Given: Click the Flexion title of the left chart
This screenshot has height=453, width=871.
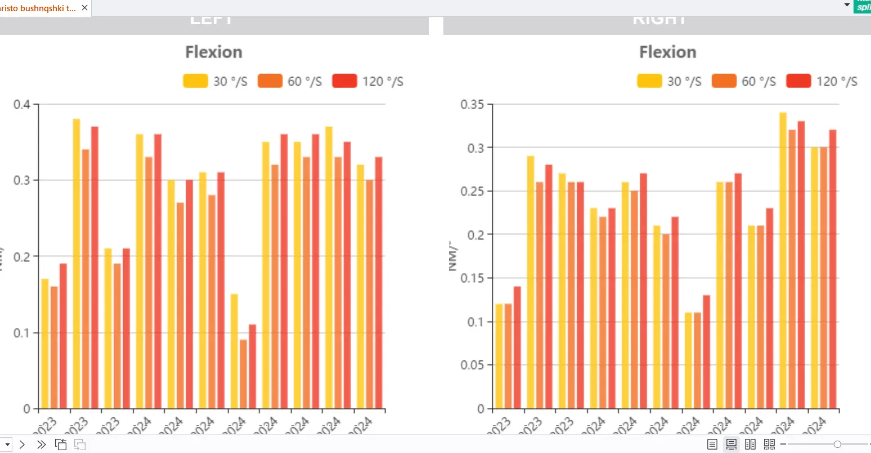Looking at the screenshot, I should pos(214,52).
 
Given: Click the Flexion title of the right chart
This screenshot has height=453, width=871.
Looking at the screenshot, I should pos(667,52).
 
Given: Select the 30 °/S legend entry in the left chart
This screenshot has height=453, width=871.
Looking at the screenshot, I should pos(215,81).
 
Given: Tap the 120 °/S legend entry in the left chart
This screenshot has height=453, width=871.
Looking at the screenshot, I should pos(368,81).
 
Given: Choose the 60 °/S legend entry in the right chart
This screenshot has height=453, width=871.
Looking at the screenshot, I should pos(744,81).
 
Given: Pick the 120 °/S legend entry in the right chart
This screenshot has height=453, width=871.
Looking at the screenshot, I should pos(822,81).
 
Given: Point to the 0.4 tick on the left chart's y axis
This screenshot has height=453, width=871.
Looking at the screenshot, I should pos(23,105).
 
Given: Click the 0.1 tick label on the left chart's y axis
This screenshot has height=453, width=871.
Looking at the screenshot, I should pos(23,333).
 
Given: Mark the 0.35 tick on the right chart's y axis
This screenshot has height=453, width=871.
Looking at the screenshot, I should pos(472,105).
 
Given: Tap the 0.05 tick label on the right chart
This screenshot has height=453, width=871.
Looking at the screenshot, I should pos(472,365).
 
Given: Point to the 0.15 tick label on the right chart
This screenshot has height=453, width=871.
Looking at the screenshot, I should pos(472,278).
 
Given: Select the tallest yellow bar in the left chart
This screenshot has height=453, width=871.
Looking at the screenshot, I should pos(77,264).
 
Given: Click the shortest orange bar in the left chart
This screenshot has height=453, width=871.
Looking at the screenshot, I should pos(243,374).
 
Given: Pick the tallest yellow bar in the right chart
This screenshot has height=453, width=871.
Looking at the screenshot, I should pos(783,261).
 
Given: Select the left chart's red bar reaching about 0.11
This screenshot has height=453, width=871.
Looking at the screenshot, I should pos(253,366).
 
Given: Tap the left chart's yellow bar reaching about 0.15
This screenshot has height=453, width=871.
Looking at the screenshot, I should pos(234,351).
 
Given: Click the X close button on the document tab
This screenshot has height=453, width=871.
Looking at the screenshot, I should pos(85,8).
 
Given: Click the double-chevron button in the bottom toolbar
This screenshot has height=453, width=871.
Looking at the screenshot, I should pos(41,445).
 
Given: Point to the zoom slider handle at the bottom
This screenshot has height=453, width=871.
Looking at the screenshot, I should pos(837,445).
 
